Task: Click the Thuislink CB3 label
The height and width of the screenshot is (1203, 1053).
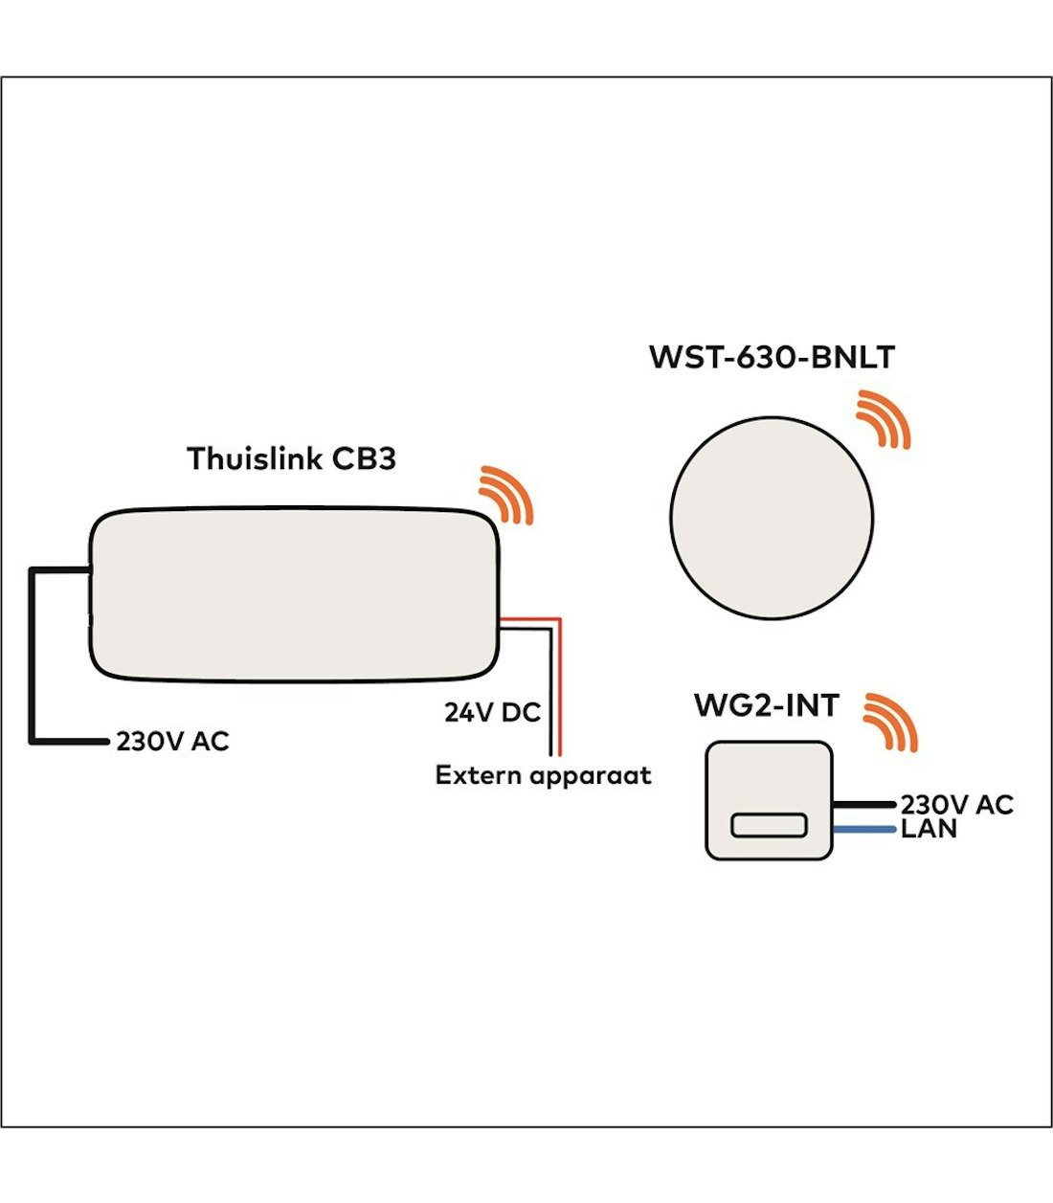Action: [291, 458]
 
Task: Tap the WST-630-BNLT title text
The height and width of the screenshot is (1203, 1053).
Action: [772, 357]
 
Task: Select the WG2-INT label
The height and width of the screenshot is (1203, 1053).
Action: [766, 706]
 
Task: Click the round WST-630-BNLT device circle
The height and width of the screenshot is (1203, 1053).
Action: [772, 517]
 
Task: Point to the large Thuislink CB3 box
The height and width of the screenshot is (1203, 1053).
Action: [294, 595]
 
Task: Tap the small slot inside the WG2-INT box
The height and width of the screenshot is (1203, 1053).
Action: [769, 825]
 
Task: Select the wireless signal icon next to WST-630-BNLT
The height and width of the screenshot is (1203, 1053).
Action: [884, 418]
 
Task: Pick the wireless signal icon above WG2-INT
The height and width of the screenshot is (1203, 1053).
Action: [890, 722]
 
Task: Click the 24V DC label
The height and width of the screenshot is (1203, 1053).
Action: [492, 713]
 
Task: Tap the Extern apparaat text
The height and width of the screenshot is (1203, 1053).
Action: [543, 775]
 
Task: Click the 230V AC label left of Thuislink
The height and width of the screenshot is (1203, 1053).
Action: [172, 742]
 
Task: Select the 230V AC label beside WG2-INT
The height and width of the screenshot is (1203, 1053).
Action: [955, 805]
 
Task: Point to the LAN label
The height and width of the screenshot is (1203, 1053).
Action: [929, 829]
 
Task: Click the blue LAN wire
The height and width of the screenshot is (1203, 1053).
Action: [863, 830]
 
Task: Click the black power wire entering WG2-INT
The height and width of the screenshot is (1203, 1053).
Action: [863, 805]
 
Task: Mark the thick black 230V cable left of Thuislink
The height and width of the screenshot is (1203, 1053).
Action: [33, 660]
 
